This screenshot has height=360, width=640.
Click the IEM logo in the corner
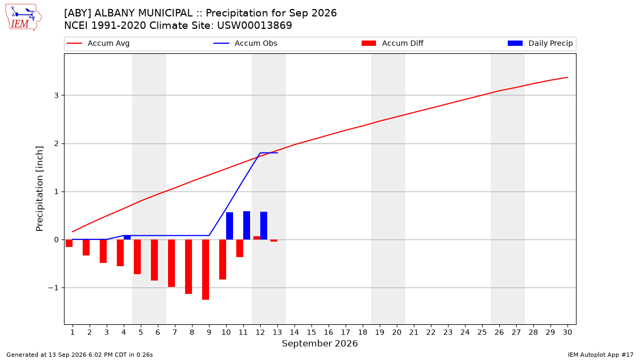pos(23,18)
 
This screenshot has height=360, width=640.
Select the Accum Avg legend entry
pos(98,43)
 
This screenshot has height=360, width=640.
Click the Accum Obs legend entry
pos(245,43)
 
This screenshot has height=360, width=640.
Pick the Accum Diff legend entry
pos(393,43)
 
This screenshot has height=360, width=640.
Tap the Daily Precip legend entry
pos(540,43)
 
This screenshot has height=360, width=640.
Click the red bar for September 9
pos(206,269)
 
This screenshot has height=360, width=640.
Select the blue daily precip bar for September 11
pos(246,226)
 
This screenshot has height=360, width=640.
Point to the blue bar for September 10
pos(229,226)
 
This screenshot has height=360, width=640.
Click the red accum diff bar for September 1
pos(69,243)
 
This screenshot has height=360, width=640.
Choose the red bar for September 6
pos(154,260)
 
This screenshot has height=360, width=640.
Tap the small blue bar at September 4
pos(127,237)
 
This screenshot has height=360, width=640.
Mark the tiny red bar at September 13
pos(274,241)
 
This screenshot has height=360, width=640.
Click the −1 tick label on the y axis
pos(53,287)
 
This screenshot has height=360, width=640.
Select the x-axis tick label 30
pos(567,332)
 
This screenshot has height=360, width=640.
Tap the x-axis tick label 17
pos(346,332)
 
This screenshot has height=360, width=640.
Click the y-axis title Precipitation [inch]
pos(39,189)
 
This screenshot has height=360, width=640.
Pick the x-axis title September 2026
pos(319,343)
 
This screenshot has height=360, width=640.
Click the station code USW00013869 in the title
pos(254,26)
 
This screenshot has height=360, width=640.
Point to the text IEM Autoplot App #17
pos(601,355)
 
